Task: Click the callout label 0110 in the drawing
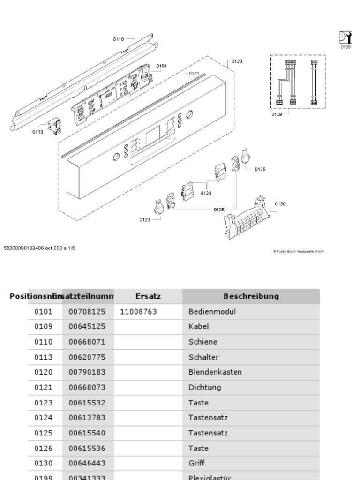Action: coord(118,39)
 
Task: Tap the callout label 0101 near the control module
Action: coord(161,66)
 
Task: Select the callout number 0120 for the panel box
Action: coord(237,61)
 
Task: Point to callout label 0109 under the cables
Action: coord(276,114)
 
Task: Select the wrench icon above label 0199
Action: coord(345,37)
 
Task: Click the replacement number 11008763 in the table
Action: coord(138,311)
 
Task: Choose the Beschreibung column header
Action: coord(251,296)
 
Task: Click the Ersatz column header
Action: coord(148,296)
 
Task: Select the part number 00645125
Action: coord(87,326)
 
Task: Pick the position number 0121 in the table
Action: coord(44,387)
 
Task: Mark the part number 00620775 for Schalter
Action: coord(87,357)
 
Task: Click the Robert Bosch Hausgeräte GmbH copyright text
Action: coord(298,251)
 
